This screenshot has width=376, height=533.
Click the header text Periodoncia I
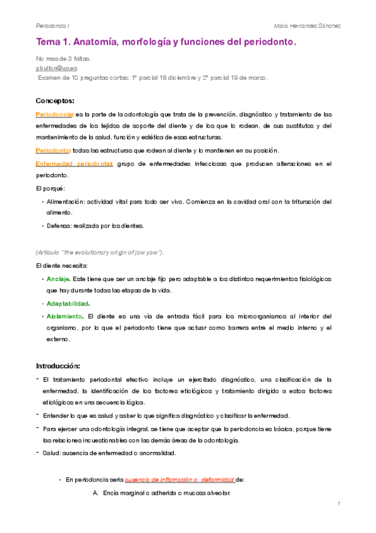pyautogui.click(x=53, y=26)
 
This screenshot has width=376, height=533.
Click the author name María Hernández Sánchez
pyautogui.click(x=308, y=26)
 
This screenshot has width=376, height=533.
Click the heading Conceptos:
pyautogui.click(x=55, y=101)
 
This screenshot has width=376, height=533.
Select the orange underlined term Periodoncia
pyautogui.click(x=53, y=114)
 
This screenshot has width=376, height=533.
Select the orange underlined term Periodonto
pyautogui.click(x=53, y=150)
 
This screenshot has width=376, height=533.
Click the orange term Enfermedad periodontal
pyautogui.click(x=74, y=163)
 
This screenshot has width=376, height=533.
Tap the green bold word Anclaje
pyautogui.click(x=58, y=278)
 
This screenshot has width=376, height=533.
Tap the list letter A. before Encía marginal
pyautogui.click(x=95, y=492)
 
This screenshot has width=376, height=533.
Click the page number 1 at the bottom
pyautogui.click(x=338, y=504)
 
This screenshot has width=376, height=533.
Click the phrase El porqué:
pyautogui.click(x=50, y=188)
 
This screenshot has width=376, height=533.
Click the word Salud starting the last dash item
pyautogui.click(x=51, y=453)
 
